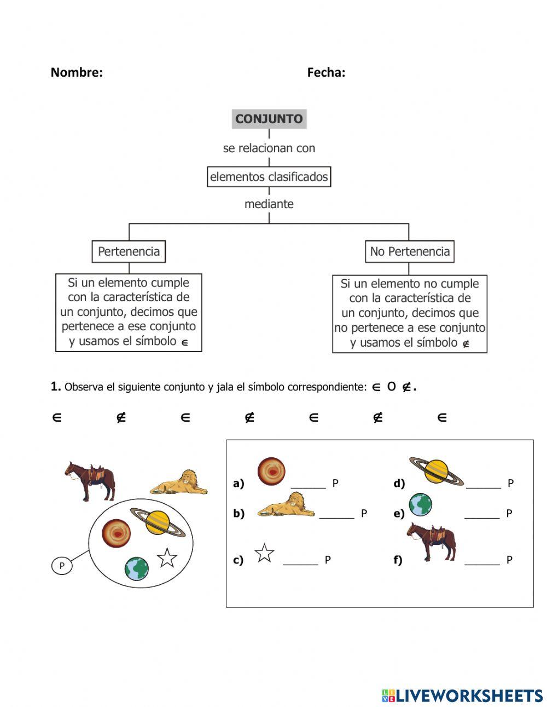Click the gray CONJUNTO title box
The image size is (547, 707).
click(x=269, y=119)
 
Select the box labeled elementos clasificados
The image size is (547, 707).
click(x=269, y=177)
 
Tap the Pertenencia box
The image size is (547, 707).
click(x=129, y=251)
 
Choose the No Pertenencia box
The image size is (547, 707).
click(x=410, y=251)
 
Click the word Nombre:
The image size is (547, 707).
click(x=77, y=72)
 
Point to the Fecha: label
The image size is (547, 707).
click(x=326, y=72)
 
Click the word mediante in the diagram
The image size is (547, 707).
click(x=269, y=204)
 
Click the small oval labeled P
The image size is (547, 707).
click(x=62, y=566)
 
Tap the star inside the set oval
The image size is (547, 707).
click(x=167, y=557)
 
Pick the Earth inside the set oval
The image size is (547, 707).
click(x=136, y=568)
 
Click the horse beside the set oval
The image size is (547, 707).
click(x=91, y=480)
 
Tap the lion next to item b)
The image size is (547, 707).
click(x=286, y=504)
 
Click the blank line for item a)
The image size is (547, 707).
click(x=308, y=486)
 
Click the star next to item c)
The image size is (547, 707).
click(x=265, y=553)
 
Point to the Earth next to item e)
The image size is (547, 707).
click(x=420, y=504)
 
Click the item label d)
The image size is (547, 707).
click(x=399, y=484)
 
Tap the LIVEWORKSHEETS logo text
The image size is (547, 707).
click(x=469, y=695)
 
